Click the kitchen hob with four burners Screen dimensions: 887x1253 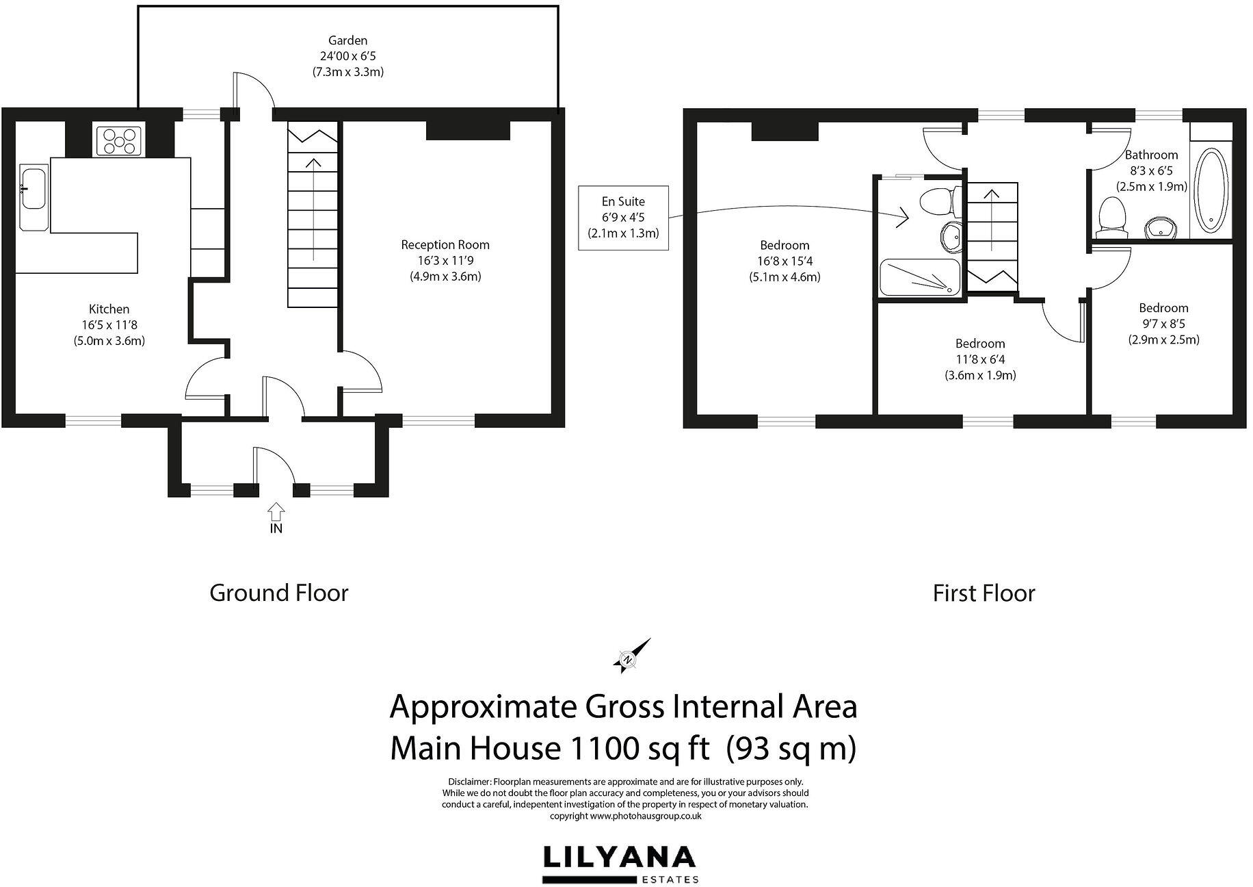coord(119,142)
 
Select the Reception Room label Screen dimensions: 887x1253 coord(445,244)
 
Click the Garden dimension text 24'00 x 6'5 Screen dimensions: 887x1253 coord(347,56)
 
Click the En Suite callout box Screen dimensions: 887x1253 coord(622,217)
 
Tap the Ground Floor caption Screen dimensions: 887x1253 coord(279,593)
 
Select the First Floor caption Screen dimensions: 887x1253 coord(984,593)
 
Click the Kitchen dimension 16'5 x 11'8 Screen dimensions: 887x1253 coord(109,325)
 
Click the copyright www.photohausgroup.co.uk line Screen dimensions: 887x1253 coord(625,816)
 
